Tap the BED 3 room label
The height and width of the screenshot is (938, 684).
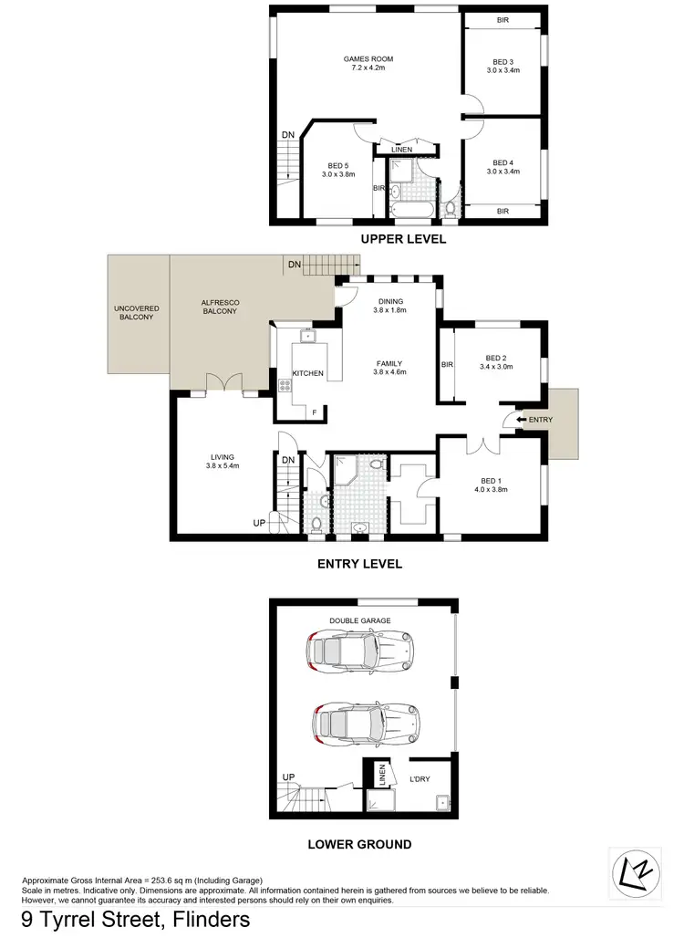[503, 59]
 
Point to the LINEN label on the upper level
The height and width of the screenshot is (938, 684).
[401, 150]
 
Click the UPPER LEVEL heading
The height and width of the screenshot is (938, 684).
[403, 239]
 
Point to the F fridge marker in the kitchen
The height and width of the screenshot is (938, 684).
[315, 412]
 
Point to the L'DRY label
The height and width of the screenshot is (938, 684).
[420, 777]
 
